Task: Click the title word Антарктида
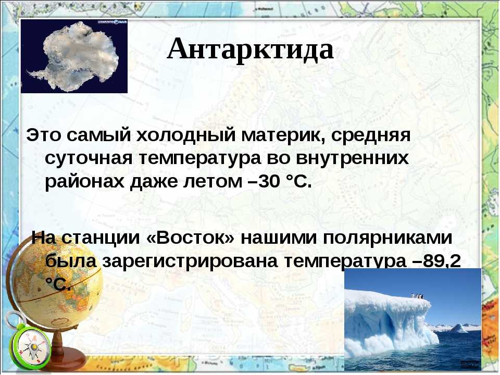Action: [251, 49]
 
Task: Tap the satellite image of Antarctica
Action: [74, 56]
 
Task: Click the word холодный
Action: [186, 135]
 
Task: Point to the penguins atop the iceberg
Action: [418, 296]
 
